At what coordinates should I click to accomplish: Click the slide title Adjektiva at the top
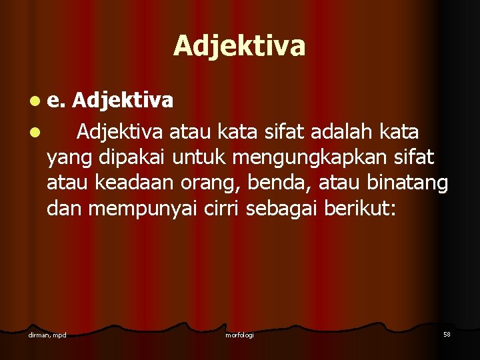239,46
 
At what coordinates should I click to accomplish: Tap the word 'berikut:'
361,209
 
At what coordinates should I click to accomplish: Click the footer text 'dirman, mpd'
47,334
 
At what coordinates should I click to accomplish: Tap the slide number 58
447,333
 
